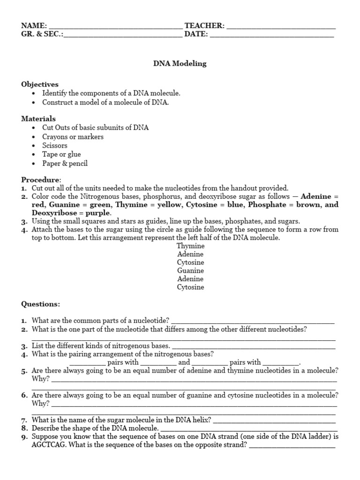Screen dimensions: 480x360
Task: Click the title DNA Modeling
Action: click(180, 64)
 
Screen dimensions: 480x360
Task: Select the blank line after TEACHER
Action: click(281, 26)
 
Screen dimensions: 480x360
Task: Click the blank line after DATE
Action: click(272, 35)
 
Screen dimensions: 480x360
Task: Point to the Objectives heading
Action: click(40, 84)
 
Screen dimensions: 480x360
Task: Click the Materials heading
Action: click(38, 119)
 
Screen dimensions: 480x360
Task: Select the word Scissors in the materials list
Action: click(55, 145)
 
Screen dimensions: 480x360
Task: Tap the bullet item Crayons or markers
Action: click(73, 137)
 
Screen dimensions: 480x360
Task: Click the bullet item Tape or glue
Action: click(61, 154)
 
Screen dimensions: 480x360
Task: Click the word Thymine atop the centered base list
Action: click(191, 246)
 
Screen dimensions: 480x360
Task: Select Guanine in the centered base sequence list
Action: click(191, 270)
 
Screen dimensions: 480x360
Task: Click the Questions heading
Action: click(41, 304)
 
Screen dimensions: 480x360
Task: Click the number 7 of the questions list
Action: click(24, 420)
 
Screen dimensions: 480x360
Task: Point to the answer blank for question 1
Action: click(253, 321)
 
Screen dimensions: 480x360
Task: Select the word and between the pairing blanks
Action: click(184, 362)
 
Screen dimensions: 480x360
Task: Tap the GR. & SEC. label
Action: click(41, 35)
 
